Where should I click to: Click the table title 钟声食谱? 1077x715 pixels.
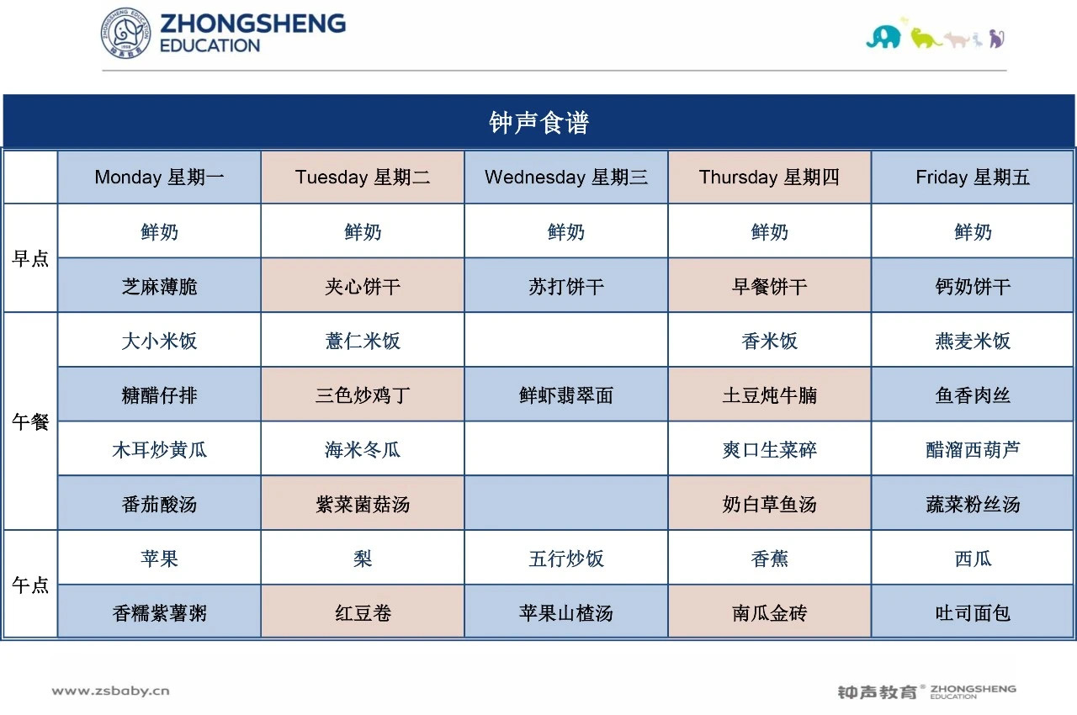tap(538, 123)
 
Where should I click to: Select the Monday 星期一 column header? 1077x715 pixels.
tap(159, 177)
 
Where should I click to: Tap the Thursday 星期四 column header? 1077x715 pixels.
tap(769, 177)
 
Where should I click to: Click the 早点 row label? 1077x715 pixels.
tap(30, 258)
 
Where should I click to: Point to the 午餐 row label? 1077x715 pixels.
tap(30, 422)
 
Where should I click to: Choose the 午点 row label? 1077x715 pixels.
tap(30, 585)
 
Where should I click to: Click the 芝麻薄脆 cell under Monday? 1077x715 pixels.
tap(159, 287)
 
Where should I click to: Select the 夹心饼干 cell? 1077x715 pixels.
tap(363, 287)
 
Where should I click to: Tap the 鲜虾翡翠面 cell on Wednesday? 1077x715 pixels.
tap(566, 395)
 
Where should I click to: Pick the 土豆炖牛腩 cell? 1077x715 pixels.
tap(769, 395)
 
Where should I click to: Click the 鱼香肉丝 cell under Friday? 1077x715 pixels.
tap(973, 395)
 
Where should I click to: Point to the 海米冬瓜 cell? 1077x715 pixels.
tap(363, 450)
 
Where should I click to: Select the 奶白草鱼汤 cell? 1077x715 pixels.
tap(769, 505)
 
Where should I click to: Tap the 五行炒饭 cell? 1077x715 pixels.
tap(566, 559)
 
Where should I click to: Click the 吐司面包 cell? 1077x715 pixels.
tap(973, 613)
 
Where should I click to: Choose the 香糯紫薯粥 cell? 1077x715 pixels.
tap(159, 613)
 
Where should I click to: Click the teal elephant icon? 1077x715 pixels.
tap(883, 38)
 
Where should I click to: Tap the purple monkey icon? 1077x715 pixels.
tap(997, 39)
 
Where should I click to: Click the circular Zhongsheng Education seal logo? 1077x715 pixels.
tap(125, 33)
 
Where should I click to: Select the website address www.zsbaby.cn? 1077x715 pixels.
tap(110, 691)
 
